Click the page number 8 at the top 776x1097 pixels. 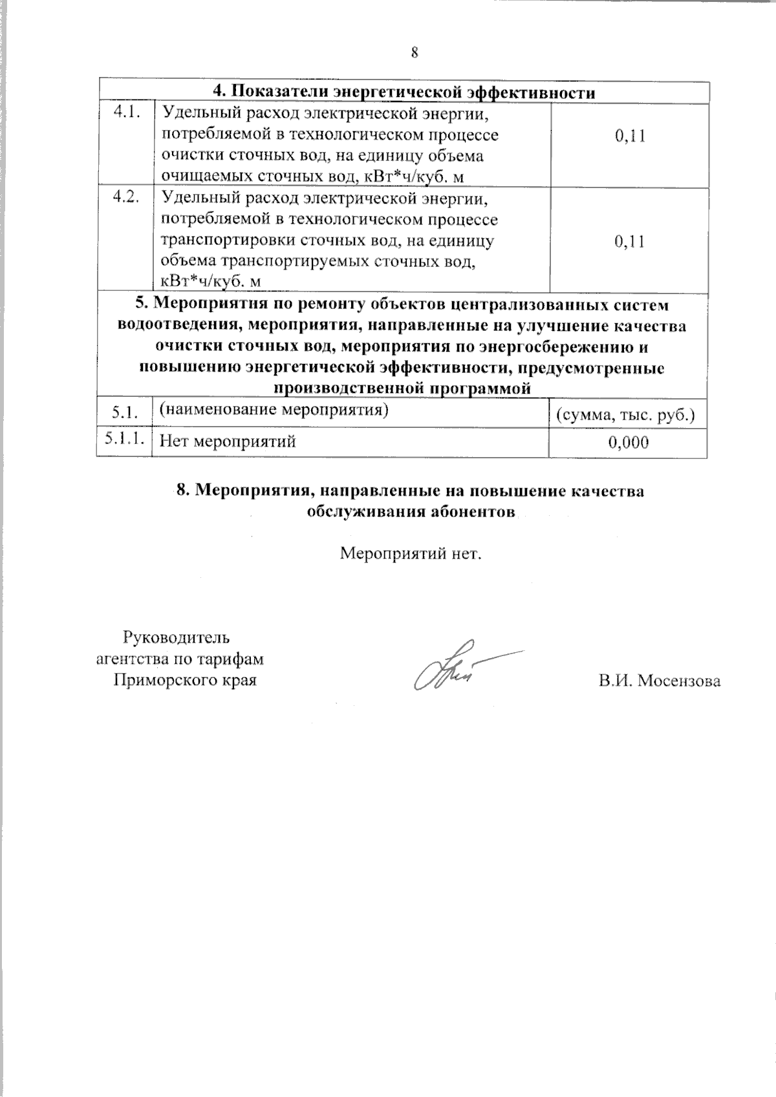(x=415, y=53)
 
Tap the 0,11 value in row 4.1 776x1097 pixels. (x=630, y=136)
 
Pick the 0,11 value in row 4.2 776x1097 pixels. (x=630, y=242)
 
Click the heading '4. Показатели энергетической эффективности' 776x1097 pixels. (x=404, y=92)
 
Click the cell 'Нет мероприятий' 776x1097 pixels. (x=228, y=442)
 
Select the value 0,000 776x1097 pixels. (x=629, y=442)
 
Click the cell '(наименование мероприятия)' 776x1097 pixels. (x=274, y=409)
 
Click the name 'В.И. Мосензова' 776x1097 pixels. (x=660, y=681)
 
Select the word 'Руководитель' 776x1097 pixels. (x=176, y=638)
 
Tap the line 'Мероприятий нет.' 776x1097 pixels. (x=411, y=554)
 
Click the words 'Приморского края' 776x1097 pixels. (x=184, y=680)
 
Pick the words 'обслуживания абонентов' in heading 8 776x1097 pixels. (x=411, y=511)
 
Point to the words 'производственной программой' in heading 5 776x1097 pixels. (x=403, y=389)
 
